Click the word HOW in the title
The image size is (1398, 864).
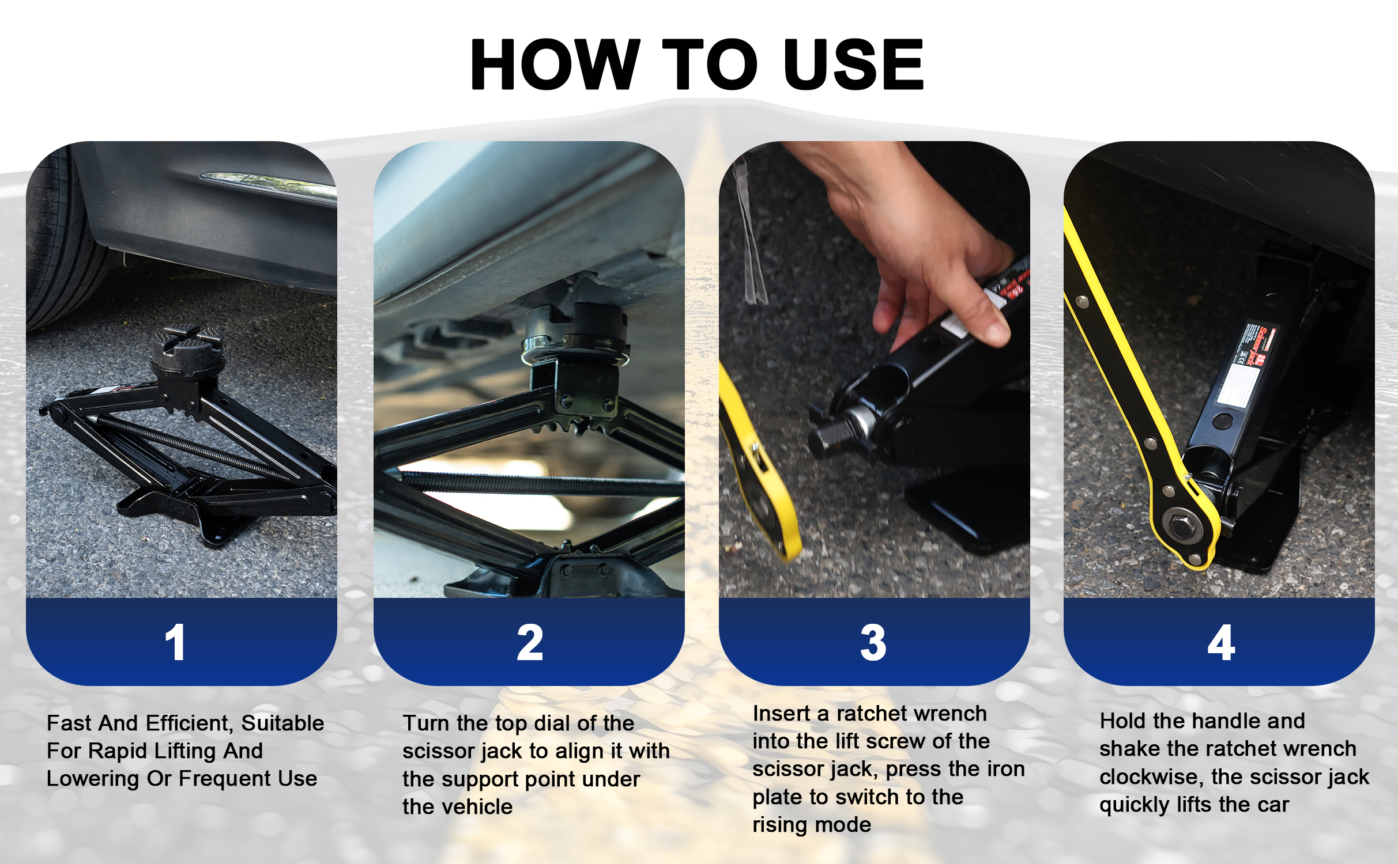coord(555,64)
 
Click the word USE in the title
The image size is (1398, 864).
coord(854,64)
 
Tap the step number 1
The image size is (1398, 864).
coord(175,642)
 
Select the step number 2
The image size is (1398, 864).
coord(530,642)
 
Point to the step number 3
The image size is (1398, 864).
coord(873,642)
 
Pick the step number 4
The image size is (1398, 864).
coord(1221,642)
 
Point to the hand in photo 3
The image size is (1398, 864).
coord(911,242)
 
